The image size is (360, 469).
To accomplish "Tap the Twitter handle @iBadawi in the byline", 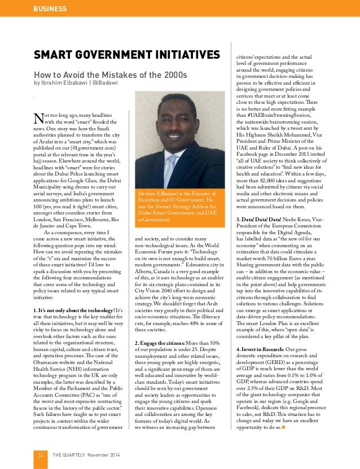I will (x=106, y=82).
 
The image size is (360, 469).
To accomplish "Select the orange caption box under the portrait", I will (x=179, y=208).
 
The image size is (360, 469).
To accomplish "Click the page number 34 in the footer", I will (x=41, y=455).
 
